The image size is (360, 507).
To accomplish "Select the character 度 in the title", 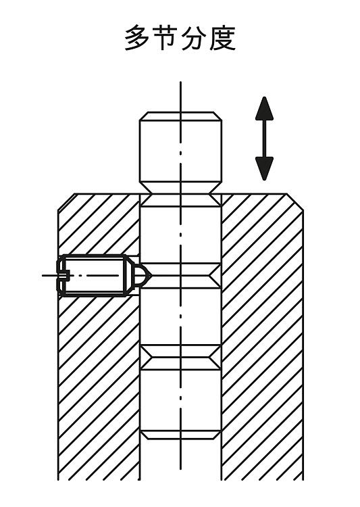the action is (x=223, y=39).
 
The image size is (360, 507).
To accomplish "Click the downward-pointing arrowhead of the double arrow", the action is (x=264, y=168).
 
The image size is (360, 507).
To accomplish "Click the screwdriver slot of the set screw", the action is (x=63, y=276).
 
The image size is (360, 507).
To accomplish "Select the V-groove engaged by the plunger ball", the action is (x=180, y=276).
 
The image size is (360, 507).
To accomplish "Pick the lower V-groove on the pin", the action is (x=180, y=358).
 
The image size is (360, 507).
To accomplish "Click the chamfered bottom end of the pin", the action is (x=180, y=435).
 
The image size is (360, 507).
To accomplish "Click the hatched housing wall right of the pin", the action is (x=262, y=336).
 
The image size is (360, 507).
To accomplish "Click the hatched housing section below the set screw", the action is (x=99, y=388).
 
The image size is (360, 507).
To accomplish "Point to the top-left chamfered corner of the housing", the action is (x=66, y=202).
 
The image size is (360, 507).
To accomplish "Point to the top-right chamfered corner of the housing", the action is (x=294, y=202).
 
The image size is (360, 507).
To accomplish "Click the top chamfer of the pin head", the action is (x=180, y=116).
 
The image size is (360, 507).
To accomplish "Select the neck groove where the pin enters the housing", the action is (x=180, y=194).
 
